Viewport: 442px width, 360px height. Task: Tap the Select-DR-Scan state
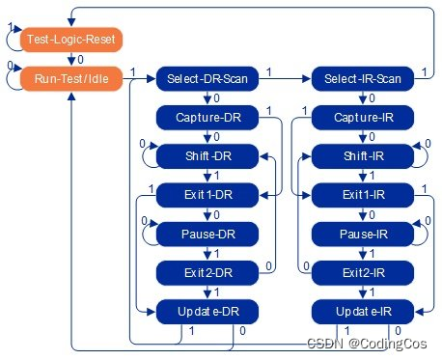pyautogui.click(x=204, y=78)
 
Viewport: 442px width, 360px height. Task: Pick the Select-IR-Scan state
pyautogui.click(x=361, y=78)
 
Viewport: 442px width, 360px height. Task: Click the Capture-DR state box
pyautogui.click(x=204, y=117)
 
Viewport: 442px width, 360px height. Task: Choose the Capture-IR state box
pyautogui.click(x=361, y=117)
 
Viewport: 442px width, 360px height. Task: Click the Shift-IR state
pyautogui.click(x=361, y=155)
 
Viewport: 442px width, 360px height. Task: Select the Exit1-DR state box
pyautogui.click(x=204, y=194)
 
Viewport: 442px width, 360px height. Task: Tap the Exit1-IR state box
pyautogui.click(x=361, y=194)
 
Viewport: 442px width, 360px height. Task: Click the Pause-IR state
pyautogui.click(x=361, y=233)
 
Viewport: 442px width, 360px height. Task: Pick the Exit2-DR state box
pyautogui.click(x=204, y=271)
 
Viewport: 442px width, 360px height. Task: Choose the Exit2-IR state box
pyautogui.click(x=361, y=271)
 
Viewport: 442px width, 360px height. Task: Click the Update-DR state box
pyautogui.click(x=204, y=311)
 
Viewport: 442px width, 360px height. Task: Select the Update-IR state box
pyautogui.click(x=361, y=311)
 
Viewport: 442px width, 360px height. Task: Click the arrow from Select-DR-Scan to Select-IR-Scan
pyautogui.click(x=280, y=78)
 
